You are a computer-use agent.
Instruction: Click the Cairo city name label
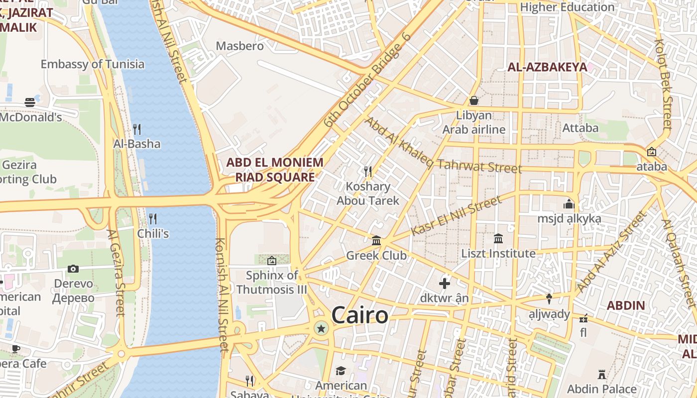tap(359, 315)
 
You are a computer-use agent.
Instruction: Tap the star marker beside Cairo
tap(322, 328)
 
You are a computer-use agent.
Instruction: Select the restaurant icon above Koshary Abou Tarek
tap(368, 172)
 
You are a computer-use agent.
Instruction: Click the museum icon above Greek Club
tap(376, 241)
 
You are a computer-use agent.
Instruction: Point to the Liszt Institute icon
tap(498, 239)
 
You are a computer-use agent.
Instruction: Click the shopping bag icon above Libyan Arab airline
tap(474, 100)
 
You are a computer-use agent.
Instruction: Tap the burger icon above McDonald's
tap(30, 102)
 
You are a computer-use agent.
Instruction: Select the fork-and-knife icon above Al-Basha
tap(137, 129)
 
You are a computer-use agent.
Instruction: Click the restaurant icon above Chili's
tap(153, 218)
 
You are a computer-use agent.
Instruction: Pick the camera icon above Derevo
tap(73, 269)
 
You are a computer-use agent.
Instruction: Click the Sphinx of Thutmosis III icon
tap(272, 260)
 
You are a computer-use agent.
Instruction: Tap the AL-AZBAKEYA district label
tap(547, 67)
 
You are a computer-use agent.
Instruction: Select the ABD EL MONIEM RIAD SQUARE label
tap(275, 170)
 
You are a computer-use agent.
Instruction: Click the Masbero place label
tap(239, 46)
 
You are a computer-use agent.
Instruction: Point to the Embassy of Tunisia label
tap(93, 64)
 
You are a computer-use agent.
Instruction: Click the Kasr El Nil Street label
tap(457, 216)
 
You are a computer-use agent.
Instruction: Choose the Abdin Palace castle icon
tap(602, 374)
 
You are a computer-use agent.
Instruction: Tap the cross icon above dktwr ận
tap(445, 284)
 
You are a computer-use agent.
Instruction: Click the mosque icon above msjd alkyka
tap(569, 204)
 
